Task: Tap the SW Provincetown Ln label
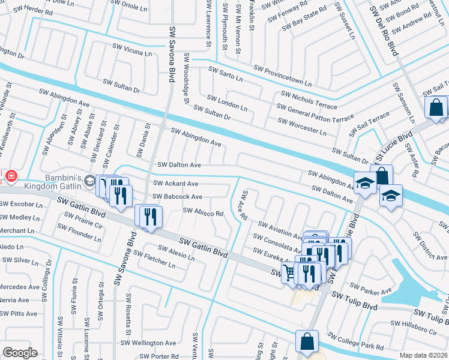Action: (x=283, y=76)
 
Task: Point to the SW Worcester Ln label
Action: (x=302, y=127)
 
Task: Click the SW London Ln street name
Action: (x=228, y=102)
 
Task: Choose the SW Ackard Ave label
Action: (x=175, y=184)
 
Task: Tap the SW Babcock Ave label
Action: (x=177, y=196)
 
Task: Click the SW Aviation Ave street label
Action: (x=280, y=232)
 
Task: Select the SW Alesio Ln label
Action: (x=176, y=253)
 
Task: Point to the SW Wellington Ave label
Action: (x=149, y=343)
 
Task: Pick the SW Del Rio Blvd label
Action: (x=384, y=30)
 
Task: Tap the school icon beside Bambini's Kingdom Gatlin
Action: (x=89, y=180)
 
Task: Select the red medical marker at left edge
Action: (x=11, y=176)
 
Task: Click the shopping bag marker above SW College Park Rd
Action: (x=307, y=342)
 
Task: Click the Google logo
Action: (x=20, y=353)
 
